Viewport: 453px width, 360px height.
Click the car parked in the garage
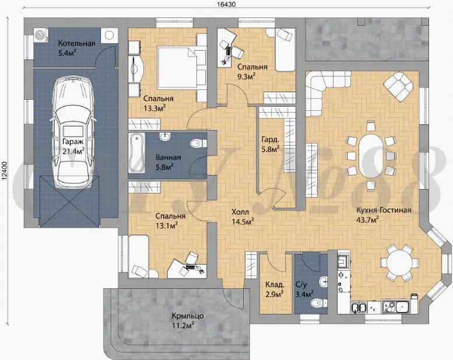[x=72, y=132]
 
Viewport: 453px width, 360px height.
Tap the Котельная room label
[x=76, y=44]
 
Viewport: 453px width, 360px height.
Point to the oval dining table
[x=371, y=155]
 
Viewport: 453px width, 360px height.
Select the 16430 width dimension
[x=226, y=5]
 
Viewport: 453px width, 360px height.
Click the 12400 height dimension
[x=5, y=171]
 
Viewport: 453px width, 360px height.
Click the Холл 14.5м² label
[x=243, y=217]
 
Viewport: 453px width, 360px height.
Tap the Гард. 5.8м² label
[x=270, y=144]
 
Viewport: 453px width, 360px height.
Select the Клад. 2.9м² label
[x=274, y=289]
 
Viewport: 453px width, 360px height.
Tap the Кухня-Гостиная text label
[x=384, y=210]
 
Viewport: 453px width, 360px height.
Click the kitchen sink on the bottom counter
[x=359, y=307]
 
